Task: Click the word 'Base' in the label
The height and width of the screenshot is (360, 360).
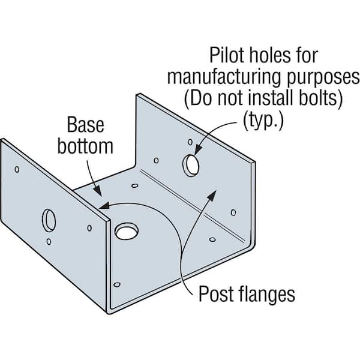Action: pyautogui.click(x=85, y=126)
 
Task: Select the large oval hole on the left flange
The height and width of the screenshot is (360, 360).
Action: pyautogui.click(x=49, y=221)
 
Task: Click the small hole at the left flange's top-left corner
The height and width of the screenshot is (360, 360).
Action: pyautogui.click(x=17, y=169)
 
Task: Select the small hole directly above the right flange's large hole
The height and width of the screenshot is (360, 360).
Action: pyautogui.click(x=190, y=143)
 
